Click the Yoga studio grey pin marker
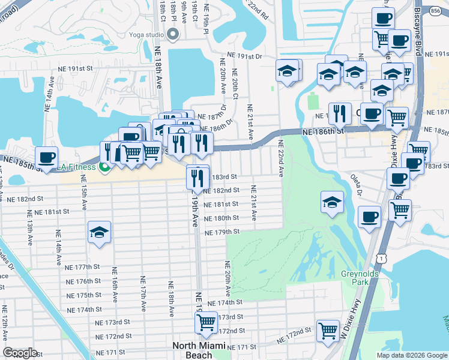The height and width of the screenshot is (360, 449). coord(173,34)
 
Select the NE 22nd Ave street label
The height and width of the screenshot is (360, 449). coord(280,158)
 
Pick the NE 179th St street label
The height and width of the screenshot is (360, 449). coord(221,232)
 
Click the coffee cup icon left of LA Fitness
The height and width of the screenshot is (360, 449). coord(47,158)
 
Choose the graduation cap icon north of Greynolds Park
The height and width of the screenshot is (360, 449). coord(331,203)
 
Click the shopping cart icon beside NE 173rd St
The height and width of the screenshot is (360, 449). coord(206,322)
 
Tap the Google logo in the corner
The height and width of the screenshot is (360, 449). coord(20,353)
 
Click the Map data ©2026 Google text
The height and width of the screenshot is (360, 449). coord(412,355)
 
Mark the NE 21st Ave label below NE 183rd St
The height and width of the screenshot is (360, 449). coord(253,203)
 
